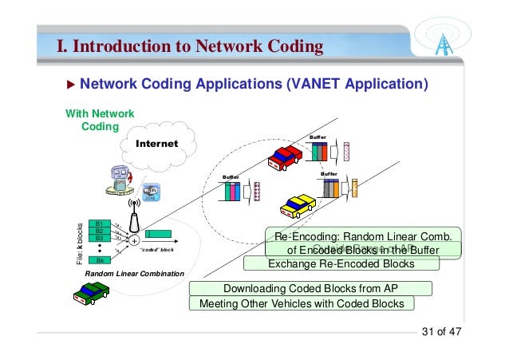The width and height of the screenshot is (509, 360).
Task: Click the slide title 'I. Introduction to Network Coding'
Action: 189,46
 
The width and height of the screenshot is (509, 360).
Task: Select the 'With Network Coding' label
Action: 100,120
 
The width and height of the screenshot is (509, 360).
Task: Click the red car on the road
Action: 285,158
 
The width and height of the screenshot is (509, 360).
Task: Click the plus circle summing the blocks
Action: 135,239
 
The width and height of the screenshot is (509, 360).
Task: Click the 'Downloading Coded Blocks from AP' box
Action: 310,288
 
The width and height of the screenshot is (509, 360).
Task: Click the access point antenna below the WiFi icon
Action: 134,217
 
